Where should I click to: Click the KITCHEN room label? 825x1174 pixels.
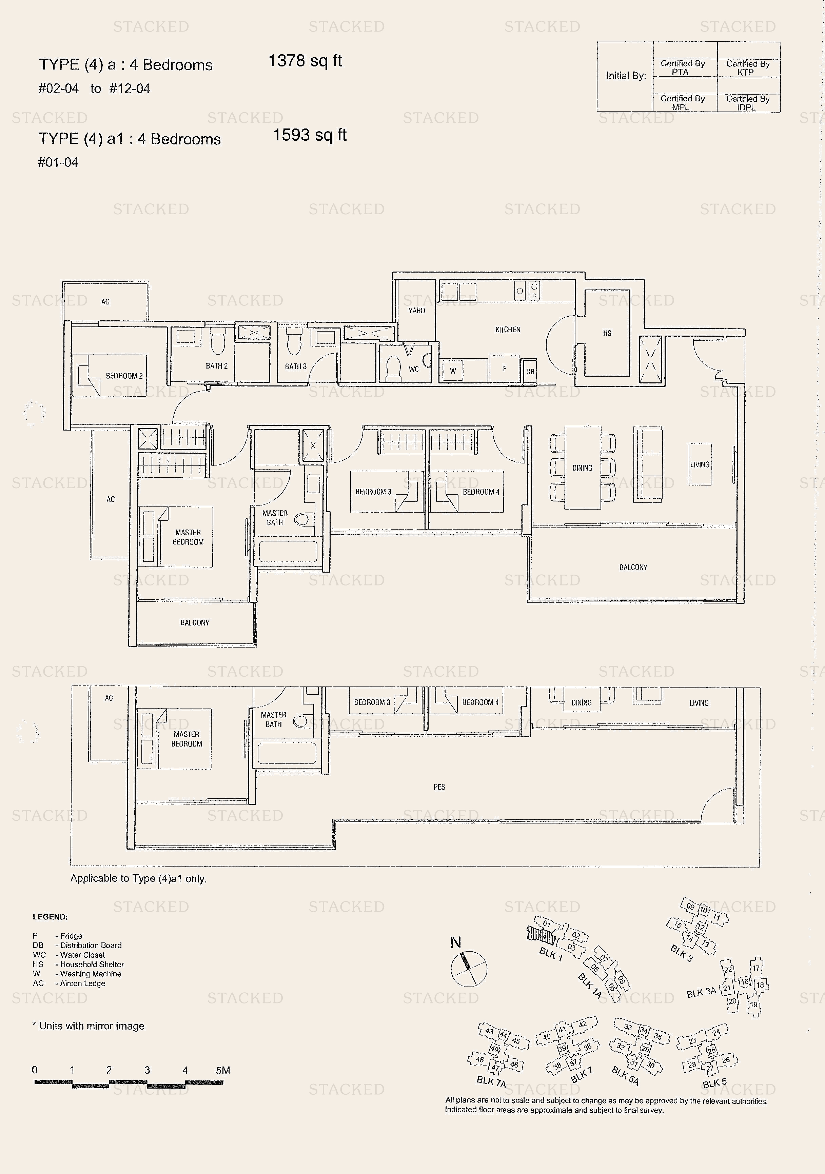[507, 330]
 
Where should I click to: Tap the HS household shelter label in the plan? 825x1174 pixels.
[607, 333]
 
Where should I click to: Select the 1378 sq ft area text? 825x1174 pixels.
[305, 61]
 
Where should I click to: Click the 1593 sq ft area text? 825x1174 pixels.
[310, 135]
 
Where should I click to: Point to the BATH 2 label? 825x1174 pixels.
[216, 366]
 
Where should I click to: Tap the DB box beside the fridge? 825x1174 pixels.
[530, 372]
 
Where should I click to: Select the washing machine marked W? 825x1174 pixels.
[453, 371]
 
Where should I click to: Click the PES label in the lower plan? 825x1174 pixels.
[439, 787]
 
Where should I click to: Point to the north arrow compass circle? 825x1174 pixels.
[469, 969]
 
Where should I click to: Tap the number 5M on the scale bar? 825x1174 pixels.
[223, 1070]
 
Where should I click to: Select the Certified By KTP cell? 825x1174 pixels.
[747, 68]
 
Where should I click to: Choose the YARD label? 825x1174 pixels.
[416, 311]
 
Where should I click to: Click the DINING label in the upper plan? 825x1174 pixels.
[582, 468]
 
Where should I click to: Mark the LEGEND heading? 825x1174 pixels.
[50, 917]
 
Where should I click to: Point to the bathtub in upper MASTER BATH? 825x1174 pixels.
[288, 552]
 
